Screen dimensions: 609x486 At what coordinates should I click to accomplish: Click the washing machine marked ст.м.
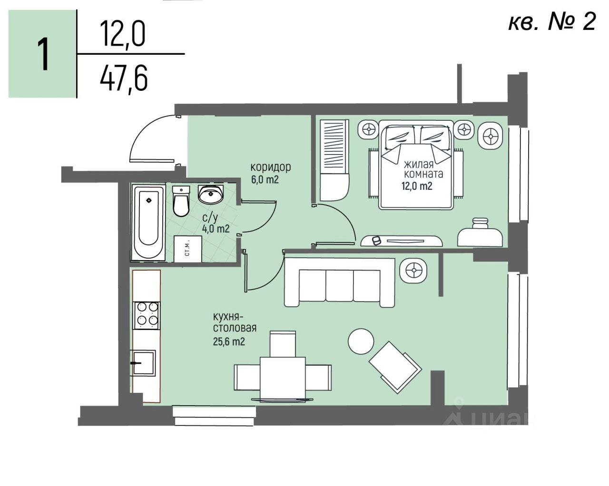click(187, 248)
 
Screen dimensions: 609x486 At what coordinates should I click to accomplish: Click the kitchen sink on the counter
click(144, 363)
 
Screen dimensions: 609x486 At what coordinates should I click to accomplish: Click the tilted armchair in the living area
click(395, 366)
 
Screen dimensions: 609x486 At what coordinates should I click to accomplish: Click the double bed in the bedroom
click(415, 165)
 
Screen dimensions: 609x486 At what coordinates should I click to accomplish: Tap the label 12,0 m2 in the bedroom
click(417, 186)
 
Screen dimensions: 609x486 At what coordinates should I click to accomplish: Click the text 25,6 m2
click(229, 341)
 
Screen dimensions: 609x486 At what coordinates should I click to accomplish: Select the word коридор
click(270, 167)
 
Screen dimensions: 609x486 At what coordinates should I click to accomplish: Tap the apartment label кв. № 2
click(551, 22)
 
